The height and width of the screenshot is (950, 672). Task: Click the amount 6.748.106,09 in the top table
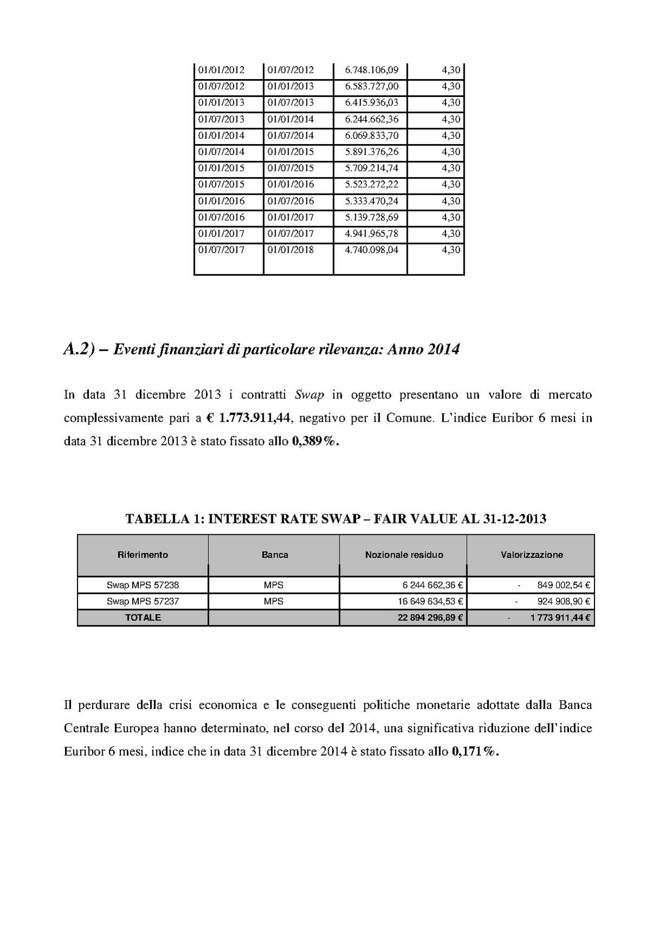coord(372,70)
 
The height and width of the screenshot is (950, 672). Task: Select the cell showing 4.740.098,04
coord(372,250)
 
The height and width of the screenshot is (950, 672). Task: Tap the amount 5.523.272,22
coord(372,184)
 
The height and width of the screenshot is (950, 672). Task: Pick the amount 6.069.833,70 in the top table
coord(372,135)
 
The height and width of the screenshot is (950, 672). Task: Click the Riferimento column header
coord(143,554)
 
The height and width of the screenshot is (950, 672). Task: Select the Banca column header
coord(274,554)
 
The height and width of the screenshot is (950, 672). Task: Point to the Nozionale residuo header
coord(404,554)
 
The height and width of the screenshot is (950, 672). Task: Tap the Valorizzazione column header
coord(532,554)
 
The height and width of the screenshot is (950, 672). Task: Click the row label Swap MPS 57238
coord(143,585)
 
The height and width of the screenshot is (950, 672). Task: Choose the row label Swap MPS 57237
coord(143,601)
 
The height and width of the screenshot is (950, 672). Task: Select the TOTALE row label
coord(143,617)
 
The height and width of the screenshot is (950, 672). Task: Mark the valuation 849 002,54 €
coord(564,585)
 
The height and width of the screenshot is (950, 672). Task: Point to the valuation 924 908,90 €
coord(564,601)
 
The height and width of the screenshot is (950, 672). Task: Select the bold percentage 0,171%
coord(475,752)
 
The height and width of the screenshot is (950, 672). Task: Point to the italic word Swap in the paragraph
coord(309,395)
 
